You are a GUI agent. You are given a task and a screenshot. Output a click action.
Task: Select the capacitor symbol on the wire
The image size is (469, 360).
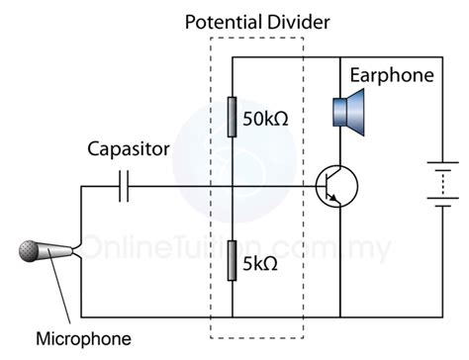[124, 186]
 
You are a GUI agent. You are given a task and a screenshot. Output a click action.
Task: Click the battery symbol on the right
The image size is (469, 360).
[439, 187]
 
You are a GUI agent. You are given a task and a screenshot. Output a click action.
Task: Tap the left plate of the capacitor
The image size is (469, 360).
[120, 186]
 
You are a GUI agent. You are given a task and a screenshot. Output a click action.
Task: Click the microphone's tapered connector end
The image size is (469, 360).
[68, 250]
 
